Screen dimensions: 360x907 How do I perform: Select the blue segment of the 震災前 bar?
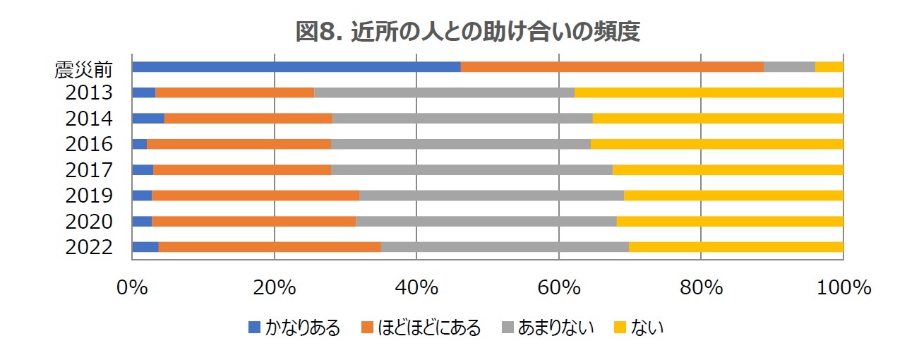click(296, 66)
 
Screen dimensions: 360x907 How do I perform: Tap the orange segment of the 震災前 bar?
click(612, 66)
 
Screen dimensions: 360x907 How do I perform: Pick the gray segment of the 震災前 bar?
click(789, 66)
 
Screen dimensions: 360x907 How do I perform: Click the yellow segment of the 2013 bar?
click(709, 92)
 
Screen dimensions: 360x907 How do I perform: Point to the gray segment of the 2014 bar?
click(462, 118)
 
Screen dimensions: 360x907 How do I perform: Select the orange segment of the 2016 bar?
click(239, 144)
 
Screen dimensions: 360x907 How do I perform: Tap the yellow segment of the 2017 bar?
click(728, 169)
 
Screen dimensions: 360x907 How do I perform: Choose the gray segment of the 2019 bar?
click(491, 196)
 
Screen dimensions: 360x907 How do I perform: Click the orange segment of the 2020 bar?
click(253, 221)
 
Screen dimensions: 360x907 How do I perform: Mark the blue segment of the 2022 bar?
click(145, 246)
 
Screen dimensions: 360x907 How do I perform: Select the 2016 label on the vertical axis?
click(89, 145)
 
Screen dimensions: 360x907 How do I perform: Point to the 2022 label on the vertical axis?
click(89, 247)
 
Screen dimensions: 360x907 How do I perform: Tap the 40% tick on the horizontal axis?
click(416, 289)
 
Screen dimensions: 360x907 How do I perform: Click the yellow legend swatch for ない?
click(620, 328)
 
